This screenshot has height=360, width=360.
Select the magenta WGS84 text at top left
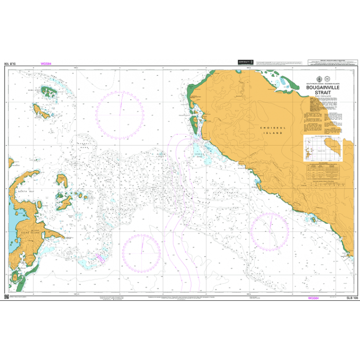[45, 64]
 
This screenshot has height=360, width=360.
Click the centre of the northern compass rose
[121, 114]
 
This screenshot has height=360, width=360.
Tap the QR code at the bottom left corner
[7, 297]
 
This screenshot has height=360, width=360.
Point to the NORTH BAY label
[25, 191]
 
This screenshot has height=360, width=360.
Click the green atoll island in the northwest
[49, 92]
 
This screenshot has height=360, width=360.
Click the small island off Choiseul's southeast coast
[313, 220]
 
